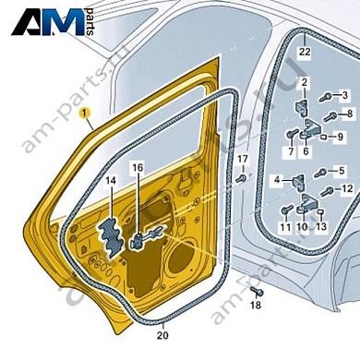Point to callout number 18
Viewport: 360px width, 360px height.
pos(257,304)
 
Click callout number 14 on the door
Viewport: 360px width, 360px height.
pos(110,181)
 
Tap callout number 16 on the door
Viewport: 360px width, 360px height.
pos(138,168)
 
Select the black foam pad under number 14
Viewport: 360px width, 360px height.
pos(110,231)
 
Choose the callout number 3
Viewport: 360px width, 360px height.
pos(344,95)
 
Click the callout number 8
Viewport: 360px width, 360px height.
pos(348,114)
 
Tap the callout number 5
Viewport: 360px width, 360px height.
pos(342,170)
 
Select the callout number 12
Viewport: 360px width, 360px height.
pos(347,189)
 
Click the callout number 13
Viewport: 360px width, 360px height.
pos(321,226)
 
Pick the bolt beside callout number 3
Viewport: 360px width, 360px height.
pos(326,96)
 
